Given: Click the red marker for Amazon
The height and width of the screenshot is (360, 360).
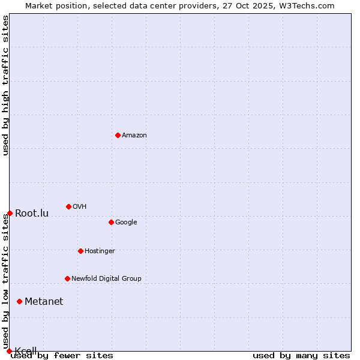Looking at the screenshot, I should pyautogui.click(x=118, y=135).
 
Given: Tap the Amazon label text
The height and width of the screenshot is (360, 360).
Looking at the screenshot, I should pyautogui.click(x=134, y=136).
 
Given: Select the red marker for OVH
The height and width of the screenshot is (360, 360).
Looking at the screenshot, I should pyautogui.click(x=68, y=206).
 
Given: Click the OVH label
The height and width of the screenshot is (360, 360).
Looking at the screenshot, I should pyautogui.click(x=80, y=207).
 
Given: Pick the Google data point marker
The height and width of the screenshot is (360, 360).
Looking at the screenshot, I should pyautogui.click(x=111, y=222).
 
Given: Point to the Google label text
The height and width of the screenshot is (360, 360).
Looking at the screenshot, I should pyautogui.click(x=126, y=223).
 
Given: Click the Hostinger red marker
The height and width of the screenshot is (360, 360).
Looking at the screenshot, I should pyautogui.click(x=80, y=251).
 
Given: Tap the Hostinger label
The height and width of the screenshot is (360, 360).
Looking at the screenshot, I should pyautogui.click(x=100, y=251).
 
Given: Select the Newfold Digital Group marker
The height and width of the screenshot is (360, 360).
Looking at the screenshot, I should pyautogui.click(x=67, y=278).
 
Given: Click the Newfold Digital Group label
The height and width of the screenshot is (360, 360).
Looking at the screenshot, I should pyautogui.click(x=106, y=279).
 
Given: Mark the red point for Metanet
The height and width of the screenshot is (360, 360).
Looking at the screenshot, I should pyautogui.click(x=19, y=301).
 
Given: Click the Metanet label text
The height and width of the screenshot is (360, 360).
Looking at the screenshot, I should pyautogui.click(x=44, y=302).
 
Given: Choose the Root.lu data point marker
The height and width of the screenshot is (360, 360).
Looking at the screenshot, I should pyautogui.click(x=10, y=213).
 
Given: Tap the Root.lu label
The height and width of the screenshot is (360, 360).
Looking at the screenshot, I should pyautogui.click(x=32, y=214).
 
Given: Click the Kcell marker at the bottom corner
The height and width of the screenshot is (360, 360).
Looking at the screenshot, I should pyautogui.click(x=9, y=351).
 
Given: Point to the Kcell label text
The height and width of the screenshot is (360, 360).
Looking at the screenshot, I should pyautogui.click(x=26, y=351).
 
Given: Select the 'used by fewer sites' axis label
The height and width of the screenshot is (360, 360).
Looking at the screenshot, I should pyautogui.click(x=62, y=356).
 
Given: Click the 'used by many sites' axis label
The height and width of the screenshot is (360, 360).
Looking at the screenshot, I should pyautogui.click(x=301, y=356).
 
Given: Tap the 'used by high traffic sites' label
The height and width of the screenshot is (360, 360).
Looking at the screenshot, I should pyautogui.click(x=6, y=85).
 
